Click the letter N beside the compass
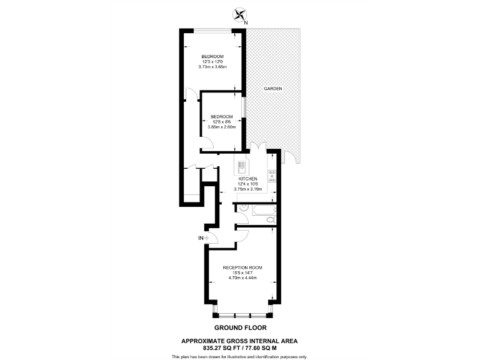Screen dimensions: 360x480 click(246, 23)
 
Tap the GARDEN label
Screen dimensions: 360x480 click(272, 89)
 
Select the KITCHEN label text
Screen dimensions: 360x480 click(247, 178)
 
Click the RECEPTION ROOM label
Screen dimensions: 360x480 click(243, 267)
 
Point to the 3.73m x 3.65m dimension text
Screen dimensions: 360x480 click(212, 66)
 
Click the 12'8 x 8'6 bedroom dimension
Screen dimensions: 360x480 click(221, 122)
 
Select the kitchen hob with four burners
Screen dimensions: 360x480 click(272, 177)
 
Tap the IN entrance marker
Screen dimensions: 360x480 click(201, 238)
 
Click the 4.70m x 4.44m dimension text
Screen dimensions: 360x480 click(243, 279)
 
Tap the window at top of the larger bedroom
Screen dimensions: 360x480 click(212, 30)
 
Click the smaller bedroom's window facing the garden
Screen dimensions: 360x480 click(244, 113)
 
